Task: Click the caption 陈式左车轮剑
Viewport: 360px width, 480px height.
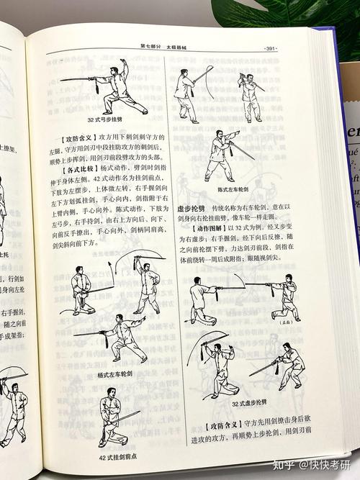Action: (233, 189)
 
